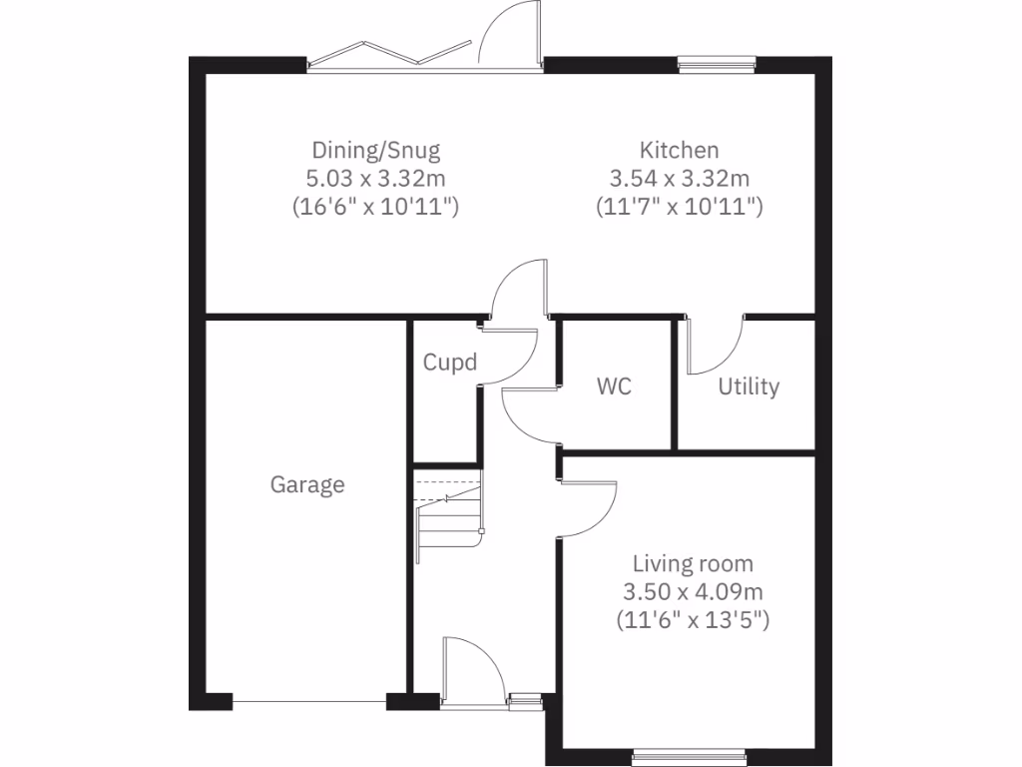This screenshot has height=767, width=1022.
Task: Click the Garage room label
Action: tap(307, 485)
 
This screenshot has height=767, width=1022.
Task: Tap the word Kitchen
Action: tap(679, 151)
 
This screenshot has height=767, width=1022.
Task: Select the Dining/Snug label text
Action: tap(375, 151)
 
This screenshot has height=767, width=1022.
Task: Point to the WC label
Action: tap(614, 386)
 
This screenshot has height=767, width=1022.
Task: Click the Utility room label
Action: tap(749, 386)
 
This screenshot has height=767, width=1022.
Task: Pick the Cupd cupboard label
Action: tap(450, 362)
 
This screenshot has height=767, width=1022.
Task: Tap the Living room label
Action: tap(694, 563)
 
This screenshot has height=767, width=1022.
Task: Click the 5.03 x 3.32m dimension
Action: tap(375, 179)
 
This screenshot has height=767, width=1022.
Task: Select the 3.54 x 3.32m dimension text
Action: tap(679, 179)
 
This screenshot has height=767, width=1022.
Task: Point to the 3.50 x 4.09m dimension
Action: tap(694, 591)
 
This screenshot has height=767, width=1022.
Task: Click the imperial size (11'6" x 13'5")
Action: tap(694, 619)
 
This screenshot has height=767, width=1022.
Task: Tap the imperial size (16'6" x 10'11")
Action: tap(375, 208)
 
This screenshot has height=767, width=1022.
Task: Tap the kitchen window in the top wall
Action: tap(716, 65)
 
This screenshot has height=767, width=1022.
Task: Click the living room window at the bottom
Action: tap(688, 758)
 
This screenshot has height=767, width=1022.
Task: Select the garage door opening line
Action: tap(309, 702)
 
